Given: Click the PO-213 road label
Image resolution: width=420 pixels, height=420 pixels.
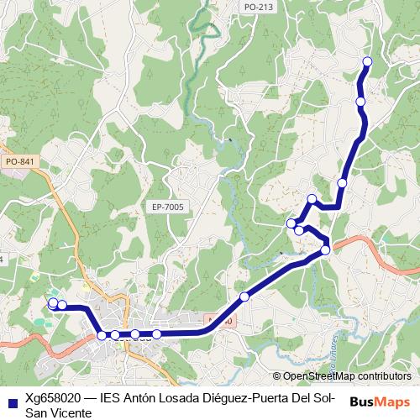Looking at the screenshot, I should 257,7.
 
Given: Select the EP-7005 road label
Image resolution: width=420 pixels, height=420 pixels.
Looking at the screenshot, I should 168,207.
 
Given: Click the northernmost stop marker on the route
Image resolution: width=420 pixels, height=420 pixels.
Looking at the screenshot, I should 367,61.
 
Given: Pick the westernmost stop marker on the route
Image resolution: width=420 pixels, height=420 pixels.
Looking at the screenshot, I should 53,303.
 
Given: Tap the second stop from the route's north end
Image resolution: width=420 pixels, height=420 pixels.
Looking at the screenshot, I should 361,102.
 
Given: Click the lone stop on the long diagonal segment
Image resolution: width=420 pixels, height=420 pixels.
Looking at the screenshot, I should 244,297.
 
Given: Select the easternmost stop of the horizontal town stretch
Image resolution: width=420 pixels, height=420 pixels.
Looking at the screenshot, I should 156,334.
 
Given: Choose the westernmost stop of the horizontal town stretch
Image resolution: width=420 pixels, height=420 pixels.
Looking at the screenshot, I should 102,335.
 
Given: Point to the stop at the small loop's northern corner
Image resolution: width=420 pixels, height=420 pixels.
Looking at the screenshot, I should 312,200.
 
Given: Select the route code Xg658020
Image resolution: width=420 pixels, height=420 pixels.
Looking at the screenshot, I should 52,398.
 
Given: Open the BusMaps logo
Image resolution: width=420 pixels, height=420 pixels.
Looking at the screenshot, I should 379,402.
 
